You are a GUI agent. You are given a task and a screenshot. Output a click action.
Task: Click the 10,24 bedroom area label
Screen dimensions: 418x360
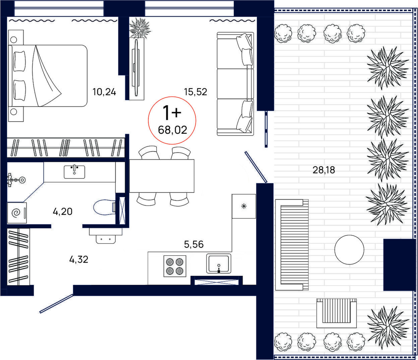tap(104, 92)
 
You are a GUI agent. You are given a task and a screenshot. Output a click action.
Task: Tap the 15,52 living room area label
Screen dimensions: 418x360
tap(196, 92)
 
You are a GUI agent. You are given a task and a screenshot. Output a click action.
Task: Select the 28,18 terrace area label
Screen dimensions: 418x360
tap(324, 170)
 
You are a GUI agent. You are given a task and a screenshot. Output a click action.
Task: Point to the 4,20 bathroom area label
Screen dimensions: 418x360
tap(63, 212)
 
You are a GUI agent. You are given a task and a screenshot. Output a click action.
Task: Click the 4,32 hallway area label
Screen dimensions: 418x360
tap(79, 260)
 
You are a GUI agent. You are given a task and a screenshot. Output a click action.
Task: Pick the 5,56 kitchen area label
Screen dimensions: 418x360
tap(194, 244)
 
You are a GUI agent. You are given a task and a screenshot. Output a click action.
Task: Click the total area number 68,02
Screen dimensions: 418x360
tap(172, 130)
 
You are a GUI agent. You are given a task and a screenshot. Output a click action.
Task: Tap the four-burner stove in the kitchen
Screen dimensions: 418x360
tap(175, 266)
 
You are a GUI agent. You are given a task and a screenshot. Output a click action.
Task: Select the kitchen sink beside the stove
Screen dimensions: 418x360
tap(219, 264)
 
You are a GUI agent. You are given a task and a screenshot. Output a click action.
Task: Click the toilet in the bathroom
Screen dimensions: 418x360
tap(104, 207)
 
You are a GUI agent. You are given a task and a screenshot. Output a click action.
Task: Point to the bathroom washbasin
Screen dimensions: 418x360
tap(74, 172)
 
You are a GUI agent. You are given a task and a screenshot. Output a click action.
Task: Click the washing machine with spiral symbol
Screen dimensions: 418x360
tap(17, 213)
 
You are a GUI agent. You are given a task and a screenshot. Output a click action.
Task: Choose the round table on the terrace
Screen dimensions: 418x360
tap(349, 249)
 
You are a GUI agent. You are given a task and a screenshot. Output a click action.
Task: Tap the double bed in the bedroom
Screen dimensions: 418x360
tap(48, 76)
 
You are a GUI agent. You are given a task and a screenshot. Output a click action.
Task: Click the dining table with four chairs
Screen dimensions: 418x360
tap(161, 176)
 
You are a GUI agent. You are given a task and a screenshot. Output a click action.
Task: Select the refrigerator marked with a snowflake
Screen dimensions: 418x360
tap(244, 206)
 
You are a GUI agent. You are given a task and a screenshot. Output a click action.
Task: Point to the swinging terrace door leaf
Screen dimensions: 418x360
tap(256, 167)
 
